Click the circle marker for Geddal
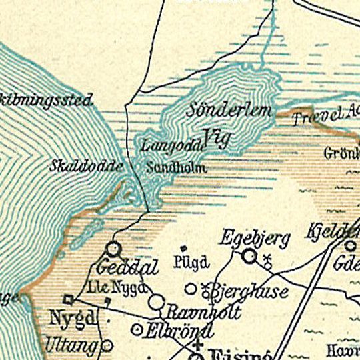(113, 249)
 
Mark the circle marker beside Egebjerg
(249, 256)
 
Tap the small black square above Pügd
(183, 248)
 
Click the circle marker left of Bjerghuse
(191, 289)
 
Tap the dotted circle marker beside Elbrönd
(138, 329)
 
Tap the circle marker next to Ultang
(107, 345)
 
